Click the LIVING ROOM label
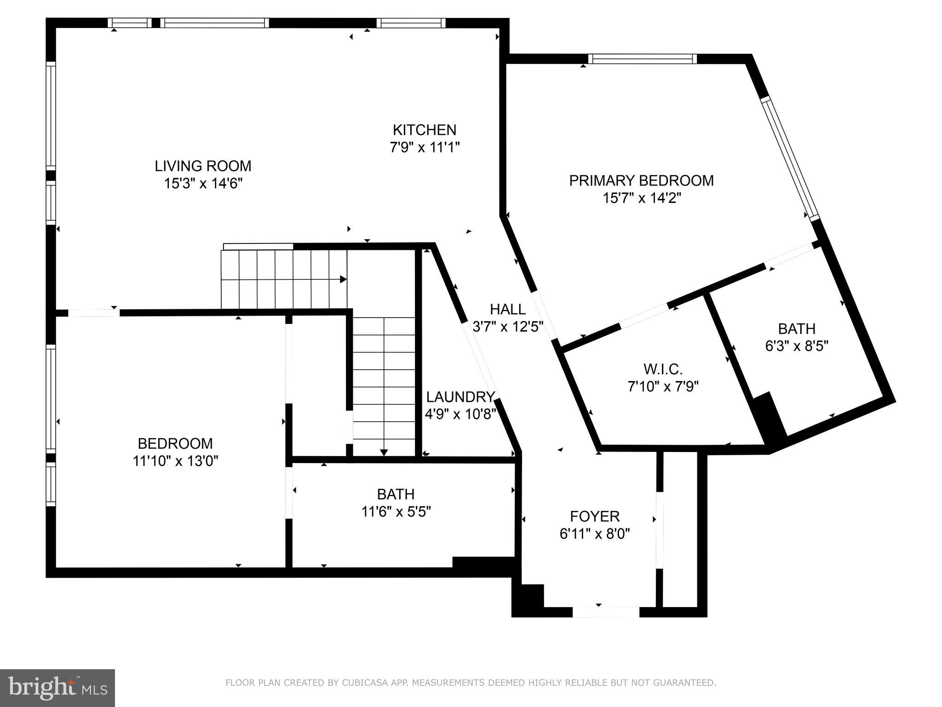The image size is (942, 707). [203, 166]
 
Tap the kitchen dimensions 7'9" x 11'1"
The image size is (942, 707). [425, 147]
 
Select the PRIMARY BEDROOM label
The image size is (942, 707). [641, 180]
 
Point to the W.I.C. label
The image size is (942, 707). [663, 369]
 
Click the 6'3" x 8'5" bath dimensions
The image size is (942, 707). [797, 346]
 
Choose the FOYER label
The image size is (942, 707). [595, 516]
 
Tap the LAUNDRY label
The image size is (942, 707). [460, 397]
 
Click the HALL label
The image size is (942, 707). [507, 309]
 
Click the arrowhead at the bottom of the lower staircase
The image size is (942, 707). [384, 452]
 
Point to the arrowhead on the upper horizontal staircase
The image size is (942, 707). [343, 279]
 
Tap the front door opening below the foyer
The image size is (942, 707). [606, 612]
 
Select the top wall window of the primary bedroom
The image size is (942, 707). [642, 59]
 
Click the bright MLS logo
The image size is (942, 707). [57, 688]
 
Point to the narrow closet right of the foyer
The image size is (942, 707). [680, 534]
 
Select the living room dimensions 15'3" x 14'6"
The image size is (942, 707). [203, 184]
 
